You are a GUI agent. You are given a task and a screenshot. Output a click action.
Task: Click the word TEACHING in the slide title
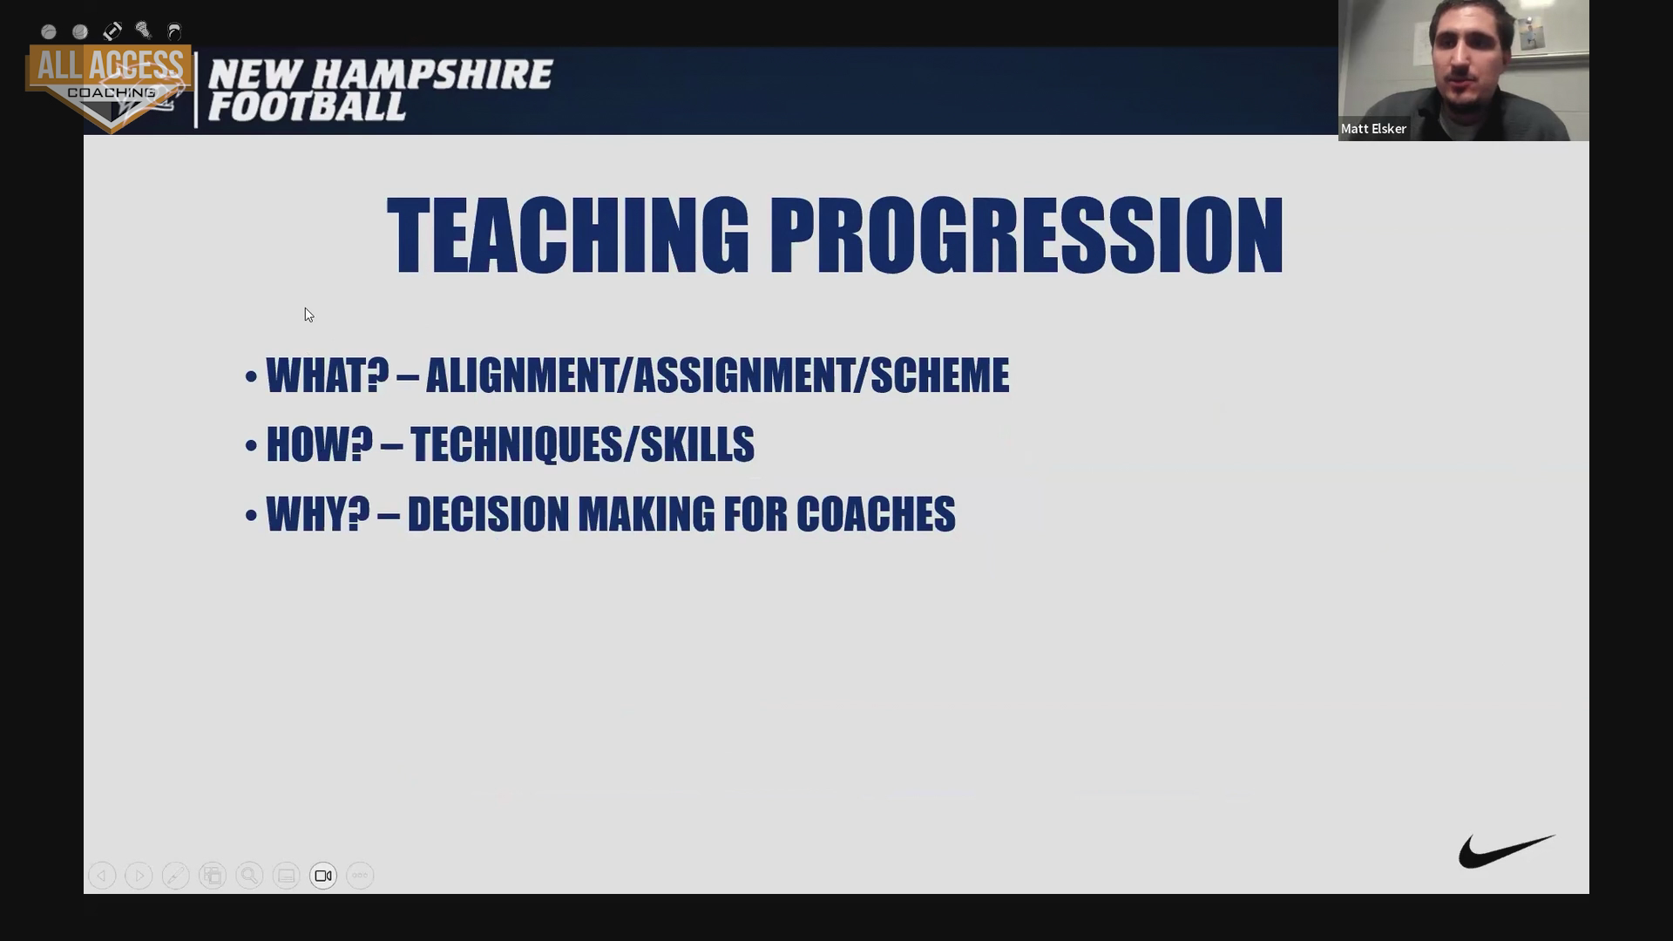(x=568, y=235)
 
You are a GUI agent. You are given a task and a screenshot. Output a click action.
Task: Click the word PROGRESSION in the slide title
(x=1026, y=235)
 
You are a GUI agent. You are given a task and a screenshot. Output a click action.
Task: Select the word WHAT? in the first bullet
(x=328, y=376)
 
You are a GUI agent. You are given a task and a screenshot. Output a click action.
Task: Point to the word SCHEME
(x=940, y=376)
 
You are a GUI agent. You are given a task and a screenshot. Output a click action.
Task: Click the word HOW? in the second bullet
(x=320, y=444)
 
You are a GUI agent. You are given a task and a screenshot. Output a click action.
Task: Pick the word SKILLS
(x=698, y=444)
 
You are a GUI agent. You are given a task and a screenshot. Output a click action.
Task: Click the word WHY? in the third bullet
(x=318, y=514)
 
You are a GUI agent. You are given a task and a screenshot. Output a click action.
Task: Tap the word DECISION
(x=488, y=514)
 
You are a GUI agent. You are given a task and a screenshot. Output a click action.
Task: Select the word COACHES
(x=876, y=514)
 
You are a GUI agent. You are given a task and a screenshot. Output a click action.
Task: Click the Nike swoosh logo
(x=1506, y=851)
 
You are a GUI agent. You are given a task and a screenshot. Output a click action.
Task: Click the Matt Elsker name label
(x=1373, y=129)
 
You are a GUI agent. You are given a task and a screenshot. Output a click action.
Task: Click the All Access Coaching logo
(x=109, y=87)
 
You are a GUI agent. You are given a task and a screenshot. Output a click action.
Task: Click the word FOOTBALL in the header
(x=307, y=106)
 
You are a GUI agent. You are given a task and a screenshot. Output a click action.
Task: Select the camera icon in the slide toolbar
(x=323, y=876)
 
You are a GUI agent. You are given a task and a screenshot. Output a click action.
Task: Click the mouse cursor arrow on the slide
(x=309, y=315)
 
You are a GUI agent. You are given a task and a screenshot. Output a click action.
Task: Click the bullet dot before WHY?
(x=251, y=516)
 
